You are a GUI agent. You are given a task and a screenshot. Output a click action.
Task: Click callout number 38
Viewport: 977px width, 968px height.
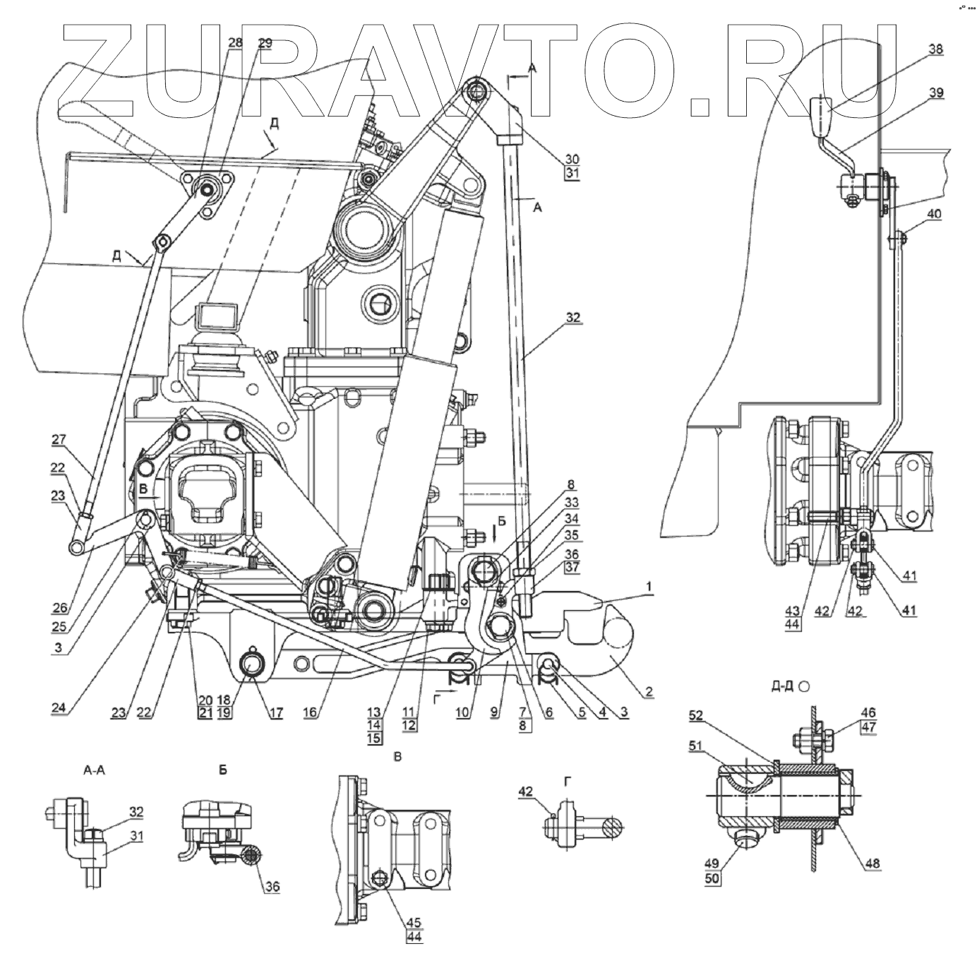click(x=935, y=51)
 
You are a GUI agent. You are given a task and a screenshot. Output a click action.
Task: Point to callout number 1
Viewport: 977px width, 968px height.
click(x=648, y=586)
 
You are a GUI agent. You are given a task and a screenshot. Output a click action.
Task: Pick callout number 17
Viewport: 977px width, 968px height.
click(x=275, y=713)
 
